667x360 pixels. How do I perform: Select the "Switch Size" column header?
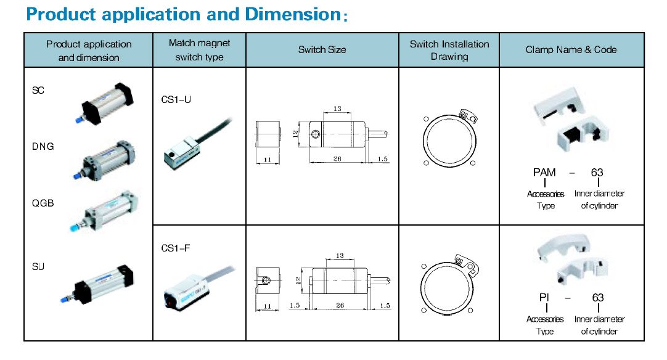[322, 50]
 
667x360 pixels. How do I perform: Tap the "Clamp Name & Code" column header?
[571, 50]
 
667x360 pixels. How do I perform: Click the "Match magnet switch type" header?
[199, 50]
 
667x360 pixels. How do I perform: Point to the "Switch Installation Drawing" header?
[449, 50]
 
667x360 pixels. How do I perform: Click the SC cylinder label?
[38, 91]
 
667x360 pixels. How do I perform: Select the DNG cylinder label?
[43, 147]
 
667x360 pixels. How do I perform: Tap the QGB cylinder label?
[43, 203]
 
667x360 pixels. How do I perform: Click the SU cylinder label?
[38, 266]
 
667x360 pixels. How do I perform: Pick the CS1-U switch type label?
[176, 99]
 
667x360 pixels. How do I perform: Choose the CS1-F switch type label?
[176, 248]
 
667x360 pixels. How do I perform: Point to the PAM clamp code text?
[545, 173]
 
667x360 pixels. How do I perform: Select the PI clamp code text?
[544, 298]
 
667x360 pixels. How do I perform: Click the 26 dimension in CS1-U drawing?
[337, 159]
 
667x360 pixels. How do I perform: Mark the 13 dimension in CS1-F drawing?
[339, 256]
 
